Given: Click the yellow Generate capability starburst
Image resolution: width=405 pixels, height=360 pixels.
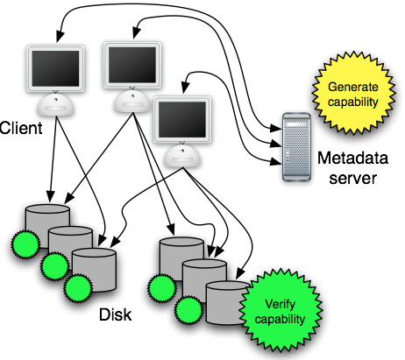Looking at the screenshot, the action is tap(353, 94).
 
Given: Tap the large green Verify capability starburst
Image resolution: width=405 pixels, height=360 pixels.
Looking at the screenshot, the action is tap(281, 311).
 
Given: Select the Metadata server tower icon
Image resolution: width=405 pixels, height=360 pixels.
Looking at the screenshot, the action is tap(296, 147).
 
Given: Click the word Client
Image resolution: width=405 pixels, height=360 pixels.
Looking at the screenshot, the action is tap(21, 128).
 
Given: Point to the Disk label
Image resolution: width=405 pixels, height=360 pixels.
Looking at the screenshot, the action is tap(115, 314).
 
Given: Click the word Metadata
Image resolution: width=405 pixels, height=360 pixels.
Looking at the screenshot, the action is tap(352, 158).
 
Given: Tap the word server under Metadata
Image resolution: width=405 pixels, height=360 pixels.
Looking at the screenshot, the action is tap(352, 178).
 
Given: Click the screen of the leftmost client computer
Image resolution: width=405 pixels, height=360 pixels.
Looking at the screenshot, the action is tap(55, 68).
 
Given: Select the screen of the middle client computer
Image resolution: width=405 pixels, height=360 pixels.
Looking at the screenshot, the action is tap(132, 65).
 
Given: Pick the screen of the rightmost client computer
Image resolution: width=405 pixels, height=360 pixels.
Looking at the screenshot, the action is tap(182, 119).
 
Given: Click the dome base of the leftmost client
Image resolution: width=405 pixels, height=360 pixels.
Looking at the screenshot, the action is tap(55, 104).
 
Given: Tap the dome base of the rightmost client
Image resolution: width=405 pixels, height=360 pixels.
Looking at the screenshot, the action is tap(182, 156).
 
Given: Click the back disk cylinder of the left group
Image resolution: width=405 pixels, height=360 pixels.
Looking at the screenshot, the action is tap(47, 225).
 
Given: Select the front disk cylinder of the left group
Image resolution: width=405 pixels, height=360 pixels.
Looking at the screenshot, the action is tap(94, 270).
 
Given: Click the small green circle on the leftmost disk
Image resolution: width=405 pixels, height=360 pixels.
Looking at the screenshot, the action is tap(25, 244).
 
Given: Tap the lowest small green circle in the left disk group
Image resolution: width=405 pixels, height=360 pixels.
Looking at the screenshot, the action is tap(78, 288).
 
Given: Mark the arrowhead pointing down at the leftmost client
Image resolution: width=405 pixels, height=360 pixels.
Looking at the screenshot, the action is tap(60, 36).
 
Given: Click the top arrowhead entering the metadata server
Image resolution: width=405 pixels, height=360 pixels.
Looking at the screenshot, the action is tap(275, 128).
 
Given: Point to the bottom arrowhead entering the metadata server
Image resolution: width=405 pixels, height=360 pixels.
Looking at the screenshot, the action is tap(275, 161).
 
